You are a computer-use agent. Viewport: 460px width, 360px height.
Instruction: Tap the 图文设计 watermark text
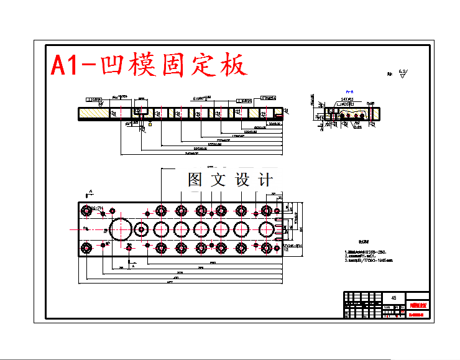click(x=230, y=180)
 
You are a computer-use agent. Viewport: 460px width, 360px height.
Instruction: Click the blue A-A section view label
click(x=349, y=91)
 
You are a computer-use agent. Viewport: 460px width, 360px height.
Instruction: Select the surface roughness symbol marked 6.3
click(x=402, y=73)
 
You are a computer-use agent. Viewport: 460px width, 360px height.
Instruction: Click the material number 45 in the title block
click(x=393, y=298)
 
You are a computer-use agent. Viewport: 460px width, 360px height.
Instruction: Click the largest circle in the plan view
click(x=121, y=229)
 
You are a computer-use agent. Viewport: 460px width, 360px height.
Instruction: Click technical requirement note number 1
click(x=368, y=252)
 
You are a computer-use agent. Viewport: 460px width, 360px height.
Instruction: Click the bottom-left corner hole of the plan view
click(x=86, y=248)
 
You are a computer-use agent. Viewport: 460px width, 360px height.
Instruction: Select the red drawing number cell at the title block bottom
click(x=416, y=315)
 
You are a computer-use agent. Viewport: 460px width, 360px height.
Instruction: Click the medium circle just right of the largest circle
click(x=142, y=229)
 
